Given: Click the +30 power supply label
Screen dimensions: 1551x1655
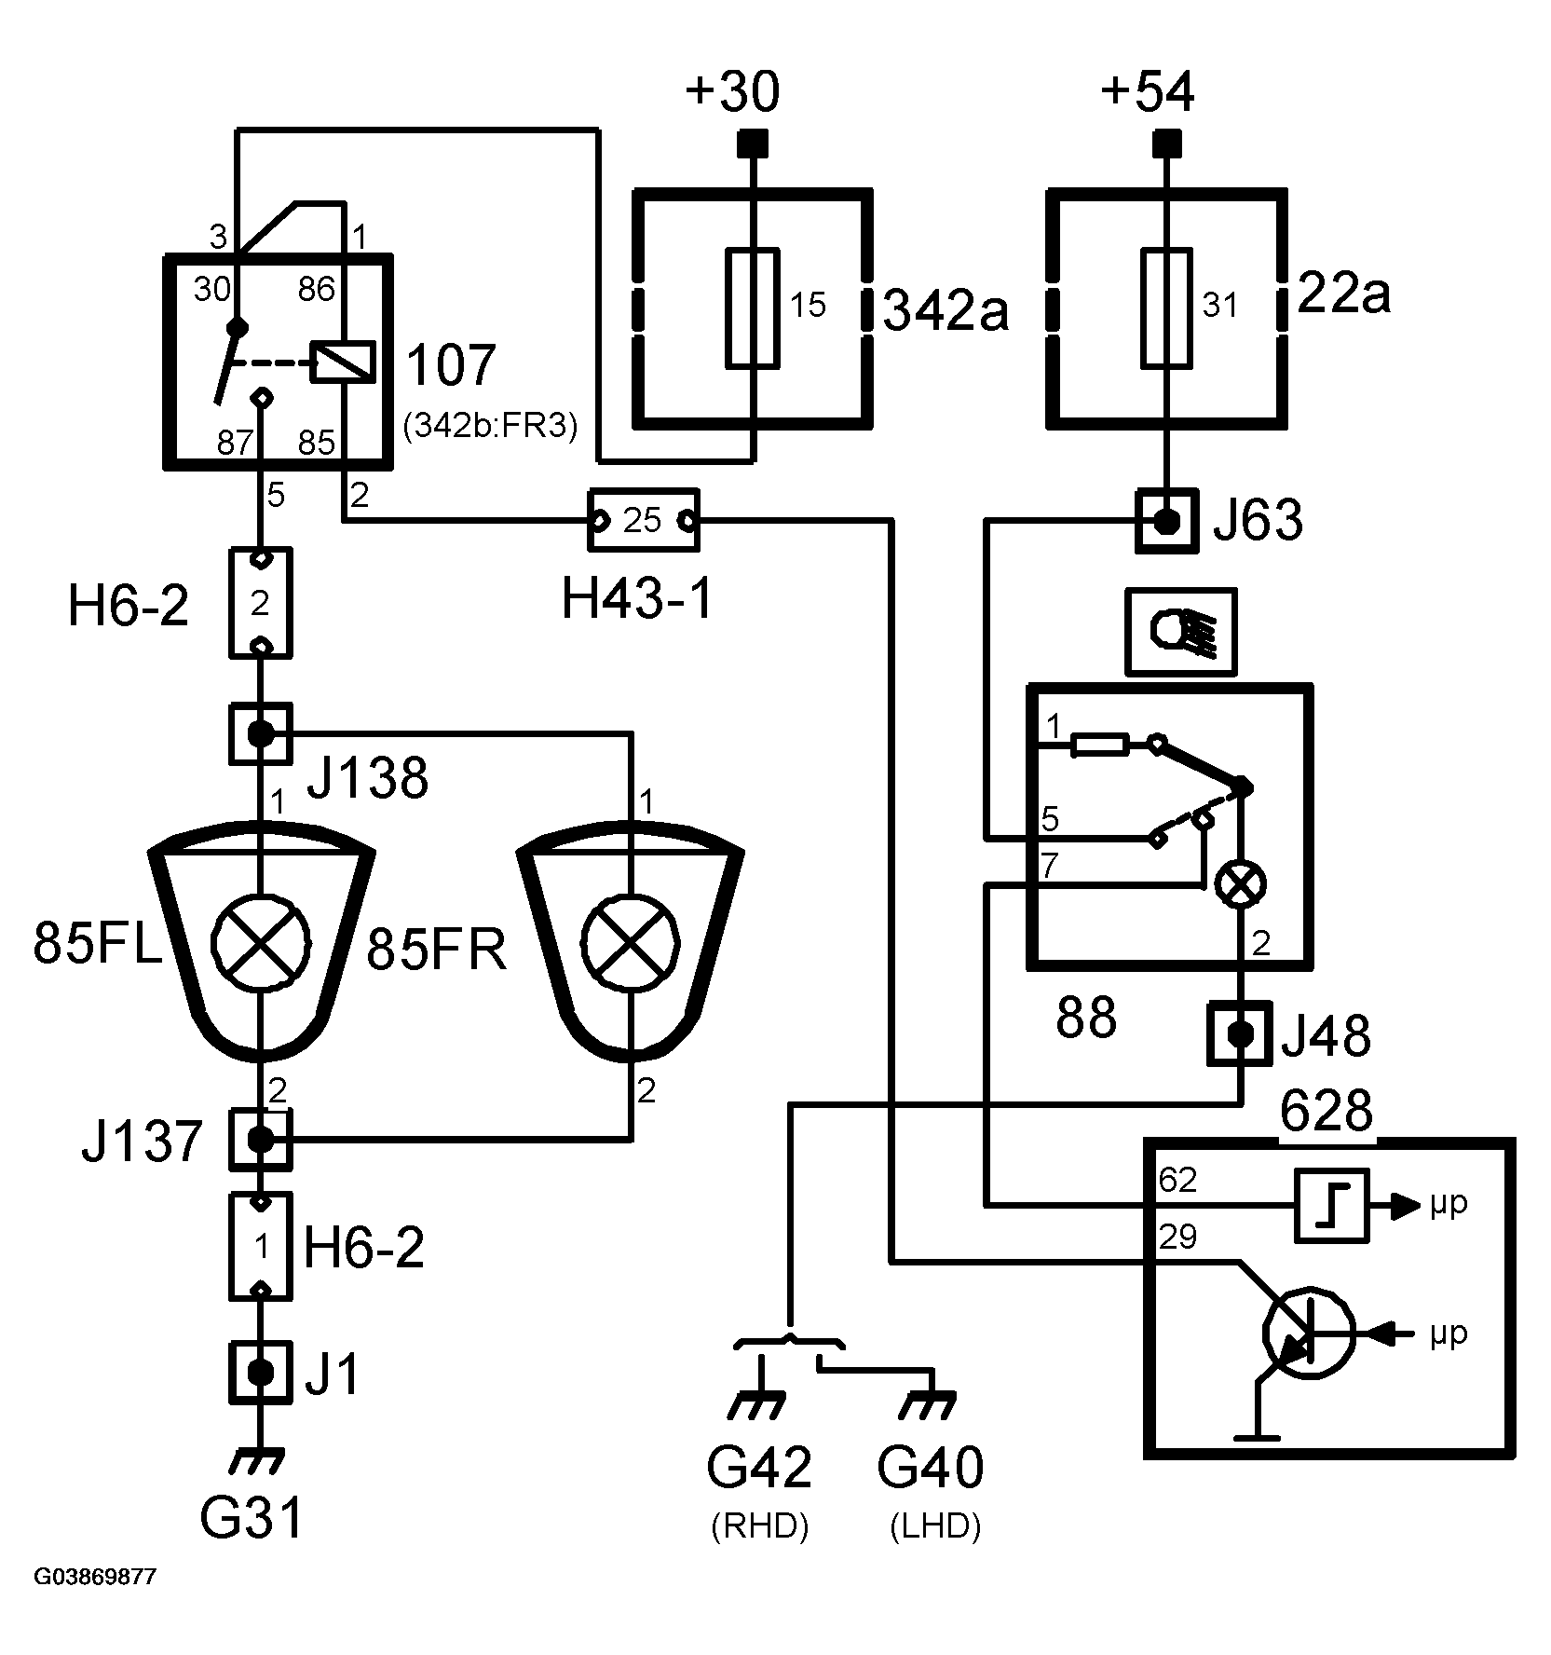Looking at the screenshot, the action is click(x=732, y=93).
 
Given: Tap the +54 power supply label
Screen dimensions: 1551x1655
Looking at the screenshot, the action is click(x=1148, y=93).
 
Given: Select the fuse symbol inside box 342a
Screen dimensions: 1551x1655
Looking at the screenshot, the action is click(x=753, y=308).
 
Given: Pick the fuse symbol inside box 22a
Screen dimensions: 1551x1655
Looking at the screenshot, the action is click(x=1166, y=308).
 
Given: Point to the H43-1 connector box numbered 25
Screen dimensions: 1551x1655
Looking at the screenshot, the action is click(x=643, y=520).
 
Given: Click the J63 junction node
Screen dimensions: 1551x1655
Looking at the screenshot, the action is click(x=1166, y=521).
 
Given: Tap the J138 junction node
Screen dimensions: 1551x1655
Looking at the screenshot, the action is click(x=260, y=734).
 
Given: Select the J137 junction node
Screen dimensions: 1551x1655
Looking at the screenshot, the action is click(x=260, y=1138).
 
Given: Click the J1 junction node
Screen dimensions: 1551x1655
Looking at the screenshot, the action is click(x=260, y=1372).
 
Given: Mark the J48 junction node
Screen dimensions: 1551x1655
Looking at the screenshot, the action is click(x=1240, y=1033).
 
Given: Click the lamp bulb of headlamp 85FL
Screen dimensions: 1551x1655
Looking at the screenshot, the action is click(x=261, y=941).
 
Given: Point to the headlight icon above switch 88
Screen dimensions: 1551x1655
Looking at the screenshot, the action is click(x=1181, y=631).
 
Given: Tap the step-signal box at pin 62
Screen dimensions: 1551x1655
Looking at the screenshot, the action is click(x=1332, y=1205).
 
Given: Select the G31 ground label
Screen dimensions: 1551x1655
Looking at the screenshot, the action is click(x=252, y=1518).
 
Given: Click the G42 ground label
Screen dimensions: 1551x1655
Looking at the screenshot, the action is click(x=759, y=1468).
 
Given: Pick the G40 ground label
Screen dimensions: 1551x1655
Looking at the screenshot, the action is click(x=931, y=1468).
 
